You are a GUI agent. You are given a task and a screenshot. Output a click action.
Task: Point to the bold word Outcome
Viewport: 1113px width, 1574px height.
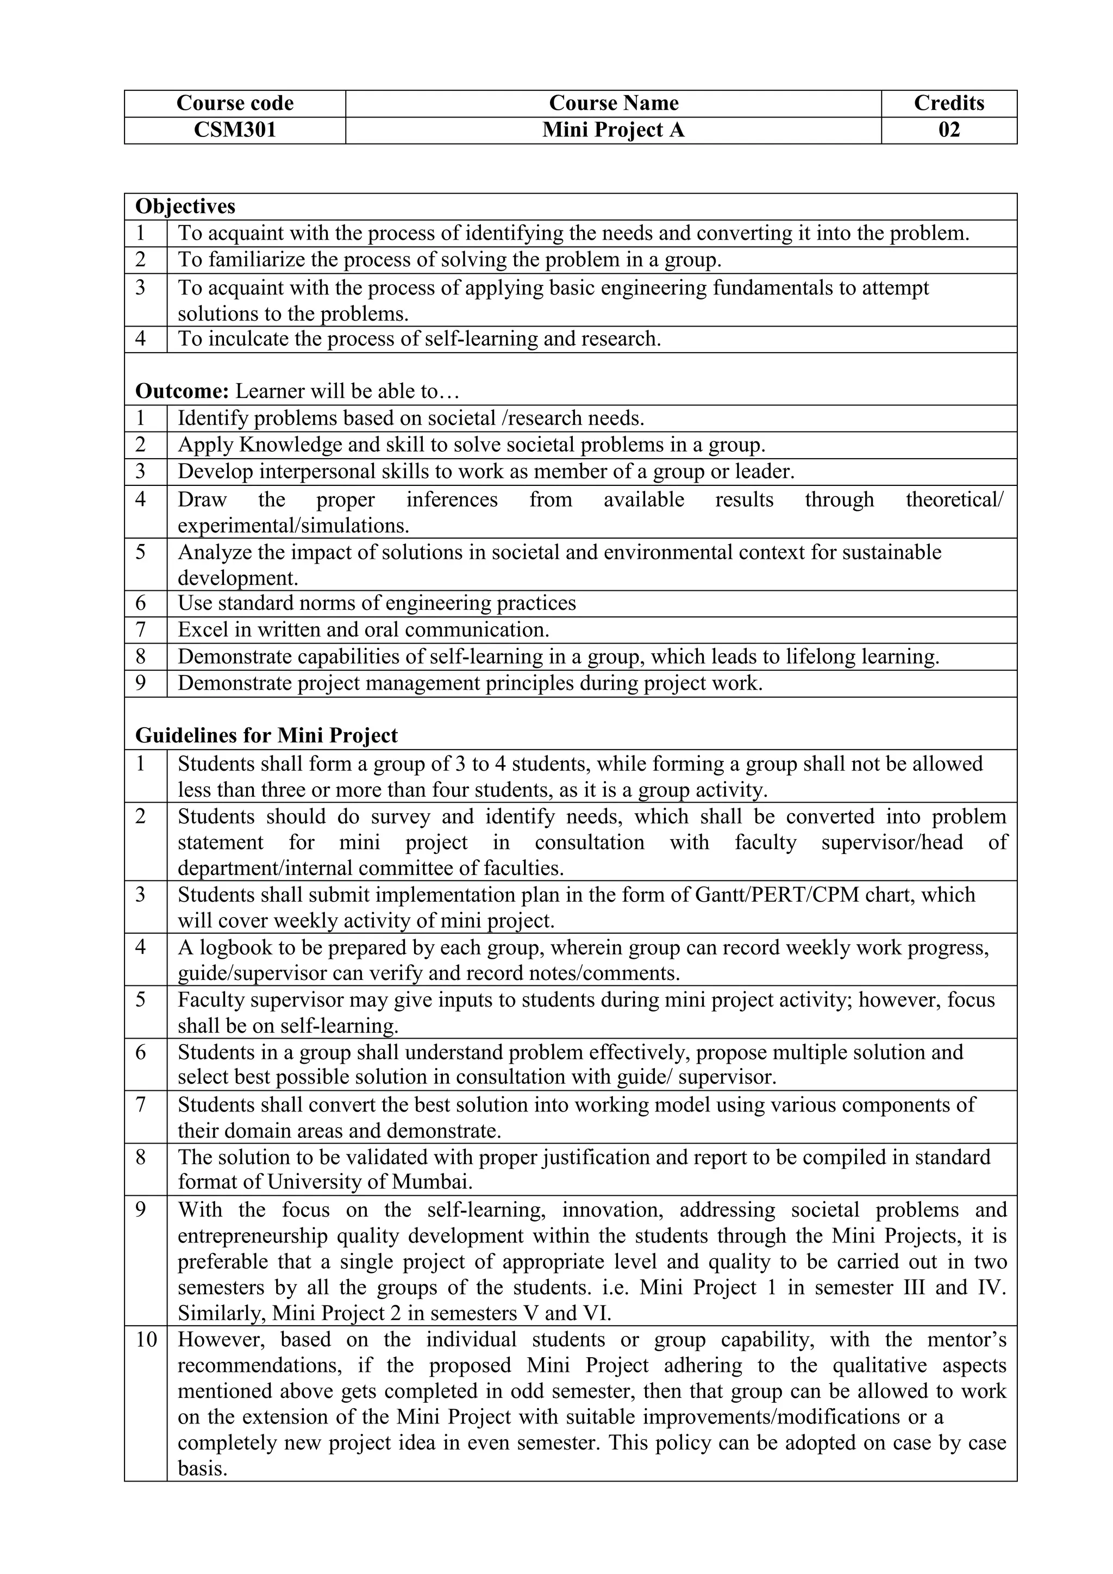[x=182, y=391]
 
